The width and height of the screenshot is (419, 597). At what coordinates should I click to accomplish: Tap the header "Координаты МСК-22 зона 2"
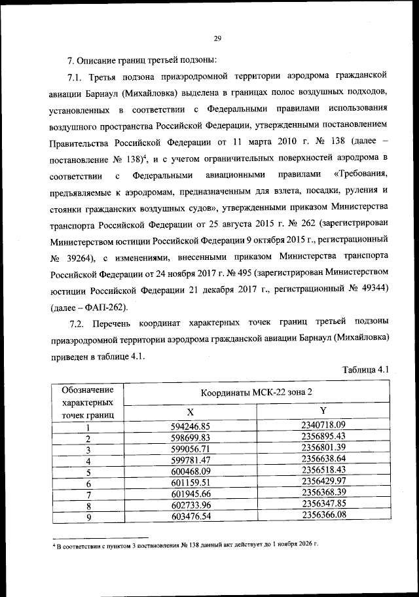click(257, 392)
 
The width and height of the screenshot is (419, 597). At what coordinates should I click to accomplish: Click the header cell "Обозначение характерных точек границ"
click(88, 402)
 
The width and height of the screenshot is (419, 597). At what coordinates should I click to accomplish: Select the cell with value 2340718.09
click(323, 425)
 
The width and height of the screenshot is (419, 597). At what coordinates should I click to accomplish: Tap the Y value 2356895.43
click(323, 436)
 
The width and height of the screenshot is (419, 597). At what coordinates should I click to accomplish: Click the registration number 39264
click(82, 257)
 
